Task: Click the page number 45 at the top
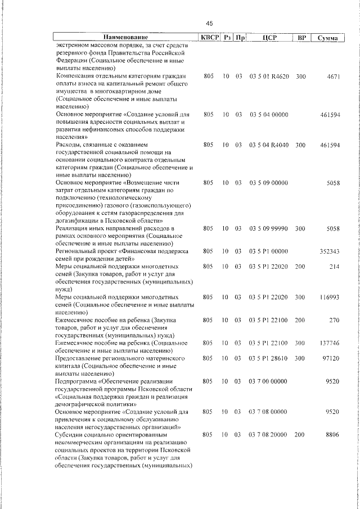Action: coord(209,23)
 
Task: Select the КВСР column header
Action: coord(209,38)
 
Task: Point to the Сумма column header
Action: coord(327,38)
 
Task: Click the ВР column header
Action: coord(301,38)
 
